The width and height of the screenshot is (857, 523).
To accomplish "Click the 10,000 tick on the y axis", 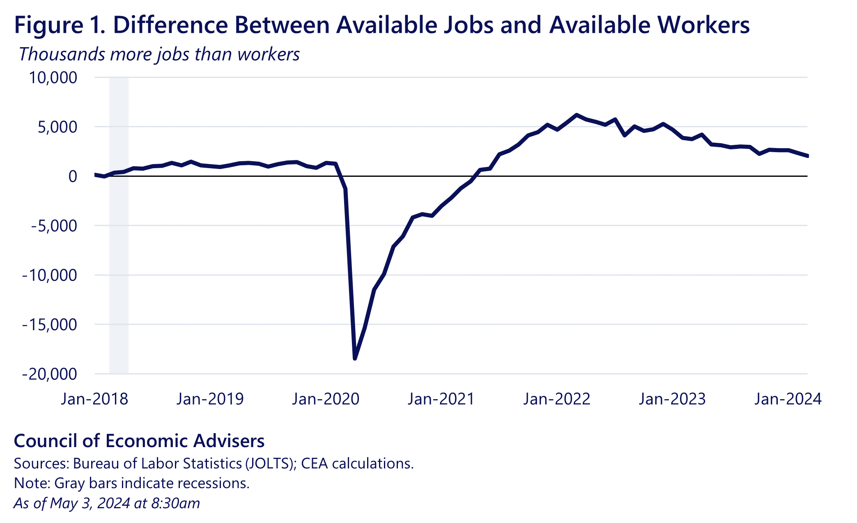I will pos(53,78).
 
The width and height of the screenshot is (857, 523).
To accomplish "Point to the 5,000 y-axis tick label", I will pos(57,127).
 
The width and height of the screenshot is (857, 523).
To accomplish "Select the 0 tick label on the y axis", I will pos(73,176).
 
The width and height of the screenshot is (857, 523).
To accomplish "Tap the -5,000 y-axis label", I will pos(54,226).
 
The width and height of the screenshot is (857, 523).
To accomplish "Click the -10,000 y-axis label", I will pos(49,275).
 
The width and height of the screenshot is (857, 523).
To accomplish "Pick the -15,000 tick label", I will pos(49,325).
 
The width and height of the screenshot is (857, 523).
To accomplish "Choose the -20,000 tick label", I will pos(49,374).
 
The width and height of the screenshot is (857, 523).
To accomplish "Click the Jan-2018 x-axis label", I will pos(94,399).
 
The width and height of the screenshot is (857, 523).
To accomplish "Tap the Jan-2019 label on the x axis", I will pos(210,399).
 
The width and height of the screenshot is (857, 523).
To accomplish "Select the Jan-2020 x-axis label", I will pos(326,399).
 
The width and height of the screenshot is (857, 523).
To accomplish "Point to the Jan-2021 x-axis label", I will pos(441,399).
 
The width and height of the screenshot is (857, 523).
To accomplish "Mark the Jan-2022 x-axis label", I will pos(556,399).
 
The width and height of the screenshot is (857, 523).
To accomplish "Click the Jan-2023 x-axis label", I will pos(672,399).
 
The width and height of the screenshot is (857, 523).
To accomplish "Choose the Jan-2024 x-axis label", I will pos(788,399).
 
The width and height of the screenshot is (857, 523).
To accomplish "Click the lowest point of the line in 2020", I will pos(355,359).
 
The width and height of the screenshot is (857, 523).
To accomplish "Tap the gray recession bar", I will pos(119,246).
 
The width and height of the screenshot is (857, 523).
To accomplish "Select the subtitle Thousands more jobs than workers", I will pos(159,55).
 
